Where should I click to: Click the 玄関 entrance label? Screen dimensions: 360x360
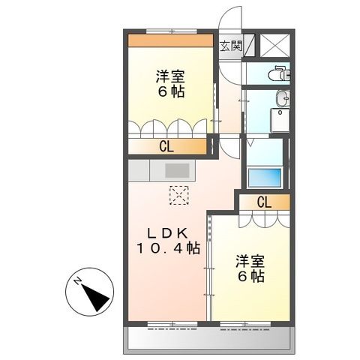click(229, 46)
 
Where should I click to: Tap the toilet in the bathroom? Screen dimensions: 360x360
click(280, 73)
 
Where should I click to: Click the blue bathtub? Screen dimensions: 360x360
click(264, 178)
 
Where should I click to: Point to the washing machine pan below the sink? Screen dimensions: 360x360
click(280, 120)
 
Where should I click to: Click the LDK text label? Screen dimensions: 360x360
click(166, 232)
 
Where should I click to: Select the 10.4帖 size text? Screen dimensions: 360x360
click(167, 247)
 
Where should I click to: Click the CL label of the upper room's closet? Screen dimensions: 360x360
click(166, 147)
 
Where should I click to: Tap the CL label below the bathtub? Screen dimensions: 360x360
click(263, 201)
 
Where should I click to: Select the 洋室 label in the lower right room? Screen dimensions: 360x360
click(249, 262)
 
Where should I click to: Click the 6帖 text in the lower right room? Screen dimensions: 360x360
click(249, 278)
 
